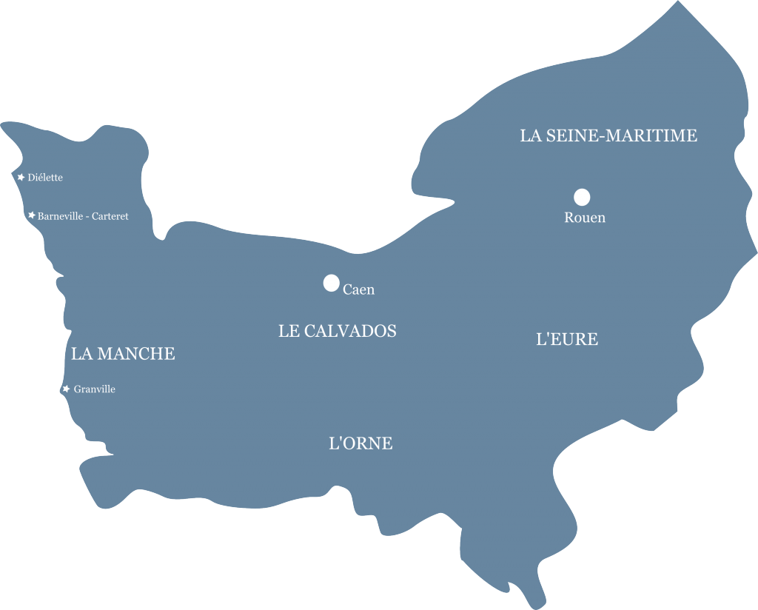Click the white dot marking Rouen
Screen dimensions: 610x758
tap(582, 197)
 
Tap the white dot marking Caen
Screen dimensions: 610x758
tap(331, 283)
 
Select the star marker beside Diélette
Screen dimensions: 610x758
tap(21, 177)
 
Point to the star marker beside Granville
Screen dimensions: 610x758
tap(66, 389)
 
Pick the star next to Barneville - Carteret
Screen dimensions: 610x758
tap(31, 215)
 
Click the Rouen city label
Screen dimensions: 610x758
tap(585, 218)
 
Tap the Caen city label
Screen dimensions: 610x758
tap(359, 289)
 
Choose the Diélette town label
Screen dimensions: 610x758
tap(45, 178)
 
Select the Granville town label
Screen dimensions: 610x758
tap(95, 389)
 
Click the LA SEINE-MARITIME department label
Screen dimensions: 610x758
tap(608, 135)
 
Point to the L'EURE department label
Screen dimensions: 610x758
tap(567, 340)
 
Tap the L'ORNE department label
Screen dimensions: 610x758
tap(360, 443)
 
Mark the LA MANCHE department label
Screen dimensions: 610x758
tap(123, 354)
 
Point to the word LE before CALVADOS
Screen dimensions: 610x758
tap(289, 331)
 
